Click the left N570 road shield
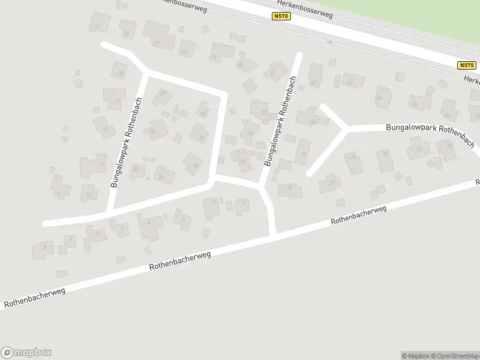281,16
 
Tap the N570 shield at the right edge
466,65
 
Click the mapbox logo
26,353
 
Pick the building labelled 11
95,164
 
